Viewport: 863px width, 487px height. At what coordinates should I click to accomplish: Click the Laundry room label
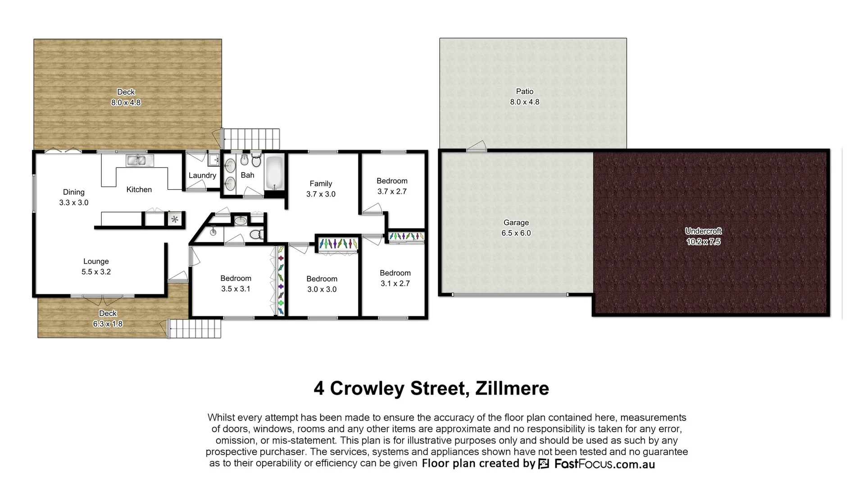[x=202, y=175]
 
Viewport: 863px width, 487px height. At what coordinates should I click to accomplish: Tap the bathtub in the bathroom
[x=274, y=173]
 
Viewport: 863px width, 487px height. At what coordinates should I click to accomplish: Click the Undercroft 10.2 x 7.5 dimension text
[x=703, y=242]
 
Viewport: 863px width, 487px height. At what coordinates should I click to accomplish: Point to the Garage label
[x=516, y=223]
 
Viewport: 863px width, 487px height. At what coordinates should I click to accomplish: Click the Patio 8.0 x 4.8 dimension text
[x=524, y=102]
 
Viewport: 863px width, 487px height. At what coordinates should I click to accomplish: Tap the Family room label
[x=321, y=184]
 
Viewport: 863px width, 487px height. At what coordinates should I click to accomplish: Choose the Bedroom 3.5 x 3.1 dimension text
[x=236, y=289]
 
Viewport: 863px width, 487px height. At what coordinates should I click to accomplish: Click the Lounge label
[x=96, y=262]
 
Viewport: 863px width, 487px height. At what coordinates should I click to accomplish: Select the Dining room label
[x=74, y=193]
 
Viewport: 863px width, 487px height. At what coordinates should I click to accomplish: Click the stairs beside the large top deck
[x=251, y=138]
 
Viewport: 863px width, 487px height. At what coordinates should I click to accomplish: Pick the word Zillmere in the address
[x=512, y=389]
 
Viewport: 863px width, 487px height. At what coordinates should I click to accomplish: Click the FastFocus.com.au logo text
[x=604, y=464]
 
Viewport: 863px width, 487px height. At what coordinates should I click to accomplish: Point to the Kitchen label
[x=139, y=190]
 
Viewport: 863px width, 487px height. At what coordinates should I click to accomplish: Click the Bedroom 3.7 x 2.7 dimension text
[x=392, y=192]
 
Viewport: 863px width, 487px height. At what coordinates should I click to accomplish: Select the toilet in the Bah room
[x=256, y=161]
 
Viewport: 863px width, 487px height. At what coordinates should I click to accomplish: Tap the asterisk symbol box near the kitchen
[x=175, y=220]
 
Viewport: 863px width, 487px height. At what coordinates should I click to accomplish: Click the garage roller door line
[x=510, y=295]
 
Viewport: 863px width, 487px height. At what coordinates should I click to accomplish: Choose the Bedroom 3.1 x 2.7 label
[x=395, y=273]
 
